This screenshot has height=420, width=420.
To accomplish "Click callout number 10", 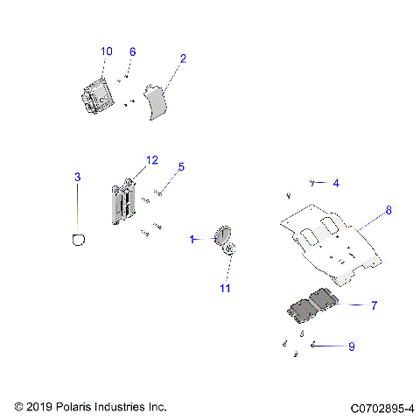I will tap(106, 52).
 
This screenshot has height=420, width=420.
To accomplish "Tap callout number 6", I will tap(132, 52).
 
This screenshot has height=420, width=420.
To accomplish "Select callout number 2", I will tap(183, 59).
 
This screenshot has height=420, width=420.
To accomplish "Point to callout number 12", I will tap(151, 160).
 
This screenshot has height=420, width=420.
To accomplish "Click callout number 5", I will tap(181, 166).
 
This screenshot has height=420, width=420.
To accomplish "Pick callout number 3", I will tap(77, 178).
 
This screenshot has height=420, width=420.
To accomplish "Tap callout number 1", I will tap(192, 238).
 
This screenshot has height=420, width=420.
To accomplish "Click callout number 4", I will tap(335, 183).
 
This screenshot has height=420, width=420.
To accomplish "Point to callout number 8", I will tap(388, 211).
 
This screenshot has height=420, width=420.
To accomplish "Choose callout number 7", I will tap(374, 305).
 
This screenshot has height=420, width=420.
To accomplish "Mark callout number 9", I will tap(351, 346).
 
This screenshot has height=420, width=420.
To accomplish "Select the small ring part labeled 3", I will tap(78, 238).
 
